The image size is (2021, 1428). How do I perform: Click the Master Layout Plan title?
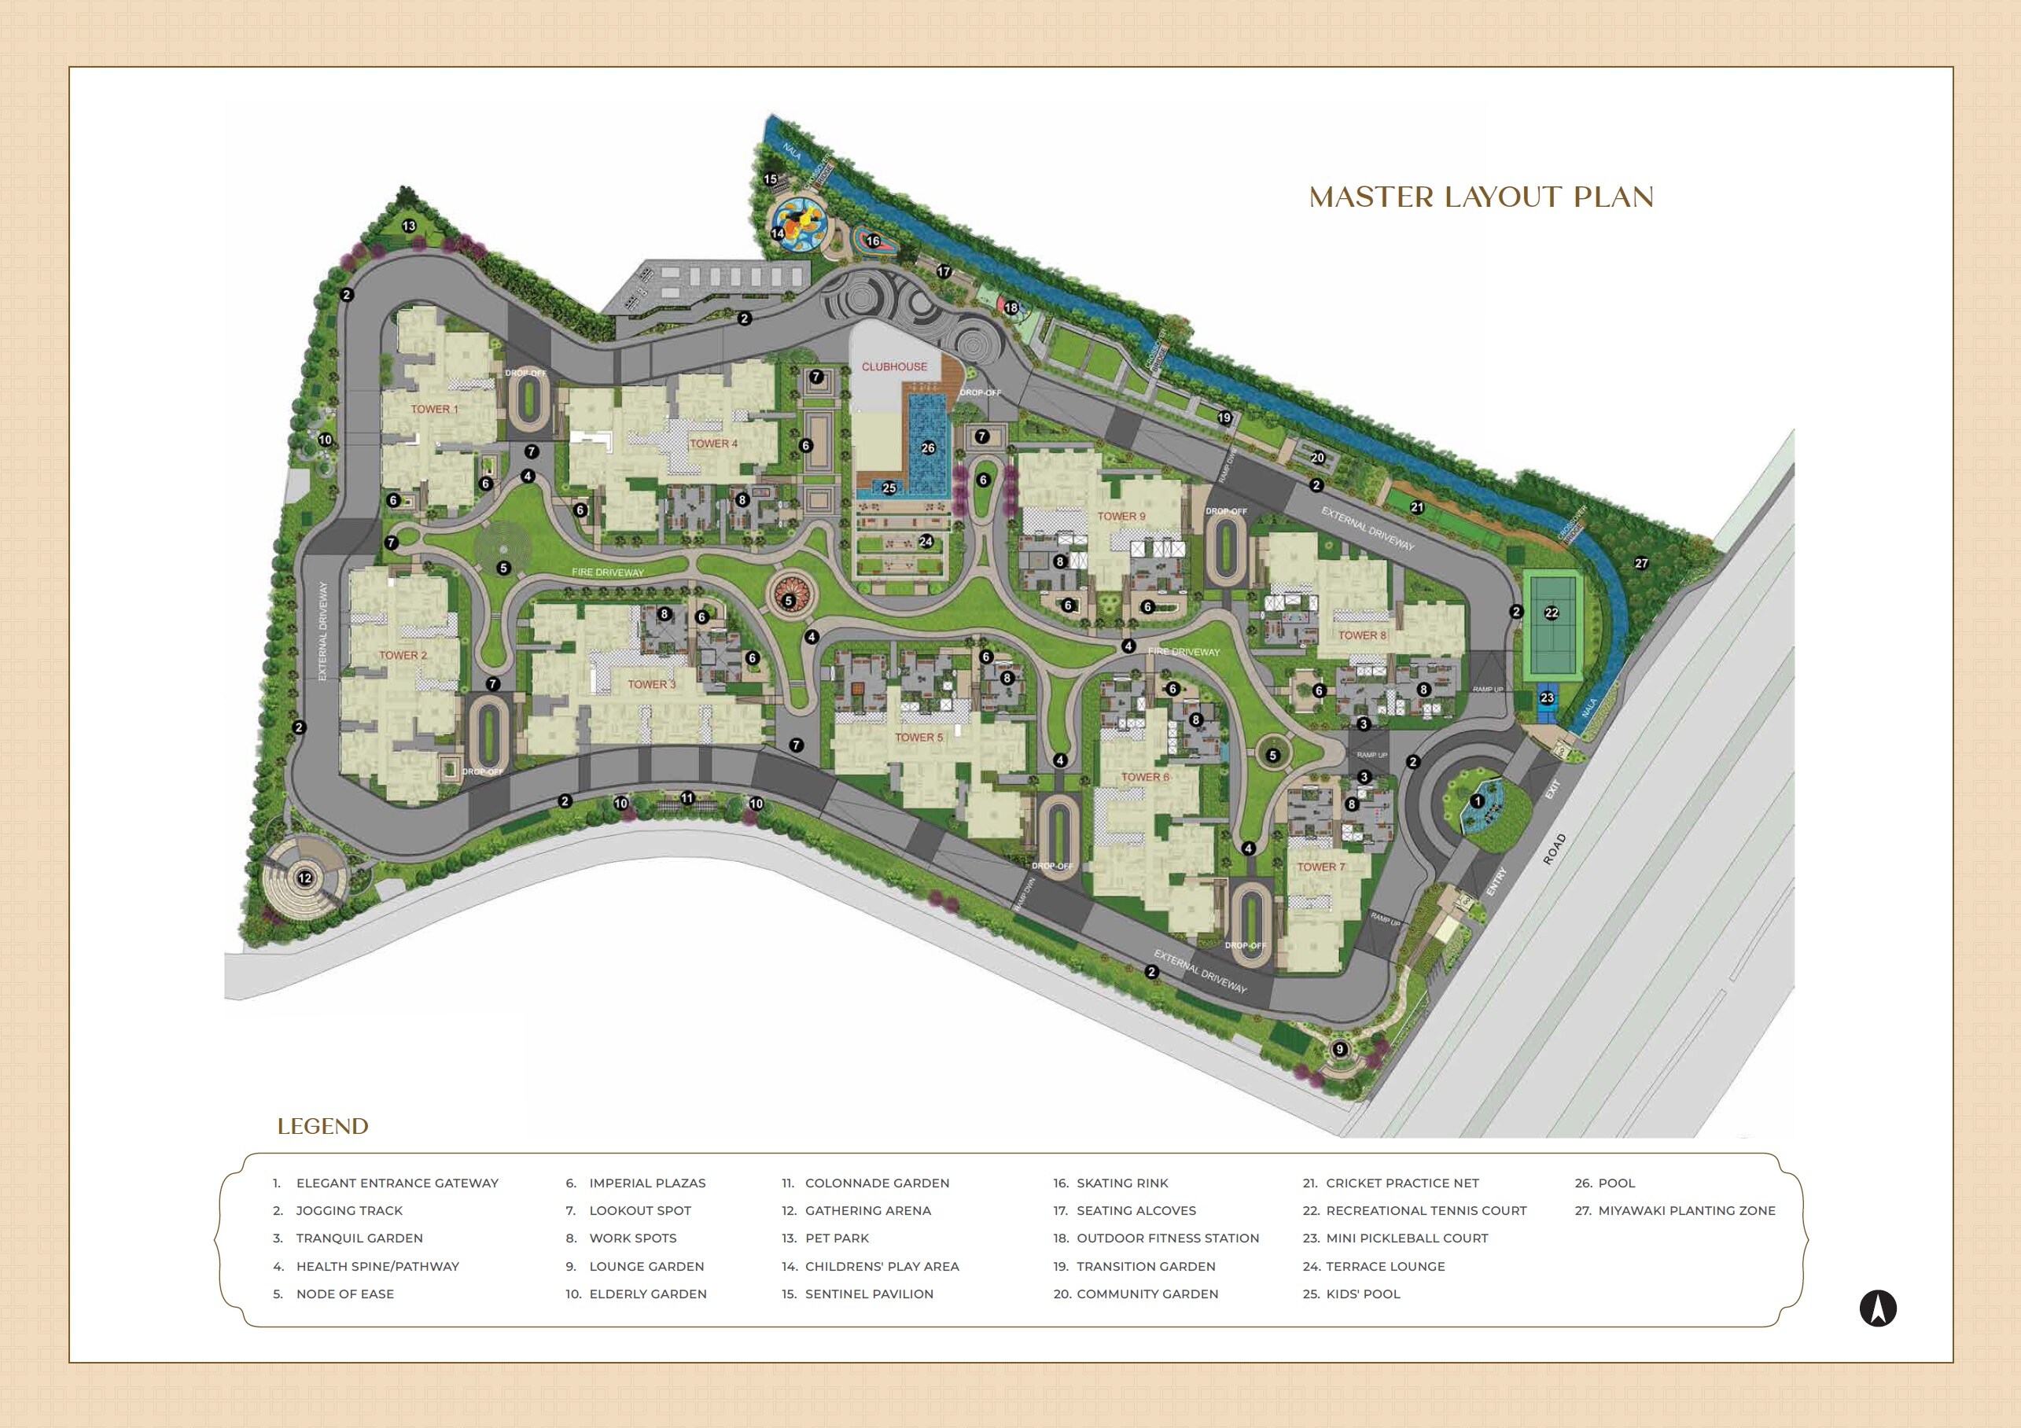(1481, 197)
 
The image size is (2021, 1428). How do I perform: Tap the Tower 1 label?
(435, 408)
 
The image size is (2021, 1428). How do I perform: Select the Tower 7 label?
(1320, 867)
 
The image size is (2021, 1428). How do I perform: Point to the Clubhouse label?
(893, 366)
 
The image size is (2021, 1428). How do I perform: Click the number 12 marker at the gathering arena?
(304, 878)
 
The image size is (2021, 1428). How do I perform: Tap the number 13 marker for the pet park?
(408, 226)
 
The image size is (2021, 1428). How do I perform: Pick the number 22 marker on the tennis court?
(1551, 613)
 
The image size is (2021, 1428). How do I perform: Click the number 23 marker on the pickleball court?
(1547, 698)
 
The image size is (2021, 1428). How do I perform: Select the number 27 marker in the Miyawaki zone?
(1640, 564)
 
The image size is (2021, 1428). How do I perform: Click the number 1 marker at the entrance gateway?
(1477, 800)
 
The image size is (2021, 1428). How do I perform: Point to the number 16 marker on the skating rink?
(872, 241)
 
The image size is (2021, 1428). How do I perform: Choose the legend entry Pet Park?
(836, 1238)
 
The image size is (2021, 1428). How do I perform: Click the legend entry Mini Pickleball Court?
(1406, 1238)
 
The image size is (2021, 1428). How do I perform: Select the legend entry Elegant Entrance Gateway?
(397, 1183)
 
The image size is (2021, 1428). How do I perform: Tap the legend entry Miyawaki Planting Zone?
(1686, 1210)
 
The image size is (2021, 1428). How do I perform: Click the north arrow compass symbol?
(1878, 1334)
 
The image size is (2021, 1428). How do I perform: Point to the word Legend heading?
(322, 1126)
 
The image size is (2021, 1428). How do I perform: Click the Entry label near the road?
(1496, 883)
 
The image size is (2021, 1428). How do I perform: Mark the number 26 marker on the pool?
(928, 448)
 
